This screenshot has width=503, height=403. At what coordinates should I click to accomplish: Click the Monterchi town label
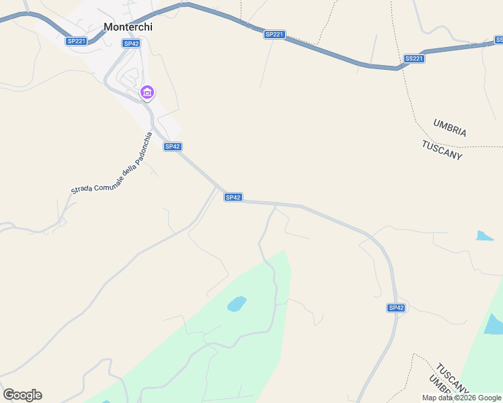pyautogui.click(x=128, y=28)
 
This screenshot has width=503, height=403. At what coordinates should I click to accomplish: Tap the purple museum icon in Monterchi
pyautogui.click(x=147, y=92)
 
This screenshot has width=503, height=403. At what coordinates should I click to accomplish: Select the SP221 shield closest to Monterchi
pyautogui.click(x=76, y=41)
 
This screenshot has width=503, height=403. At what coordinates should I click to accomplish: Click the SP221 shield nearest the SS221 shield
pyautogui.click(x=274, y=34)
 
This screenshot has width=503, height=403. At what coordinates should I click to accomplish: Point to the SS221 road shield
pyautogui.click(x=414, y=58)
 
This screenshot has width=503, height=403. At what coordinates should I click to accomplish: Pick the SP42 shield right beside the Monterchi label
pyautogui.click(x=131, y=43)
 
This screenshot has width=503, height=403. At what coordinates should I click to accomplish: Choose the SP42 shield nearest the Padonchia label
pyautogui.click(x=173, y=146)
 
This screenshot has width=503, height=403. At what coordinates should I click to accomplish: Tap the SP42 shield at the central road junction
pyautogui.click(x=233, y=197)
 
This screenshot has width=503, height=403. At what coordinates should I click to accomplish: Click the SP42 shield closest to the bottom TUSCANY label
pyautogui.click(x=396, y=308)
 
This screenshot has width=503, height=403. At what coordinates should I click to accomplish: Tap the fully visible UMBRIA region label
pyautogui.click(x=450, y=128)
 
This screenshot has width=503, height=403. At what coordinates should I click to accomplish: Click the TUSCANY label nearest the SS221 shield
pyautogui.click(x=442, y=150)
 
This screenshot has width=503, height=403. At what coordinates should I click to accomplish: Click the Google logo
pyautogui.click(x=22, y=395)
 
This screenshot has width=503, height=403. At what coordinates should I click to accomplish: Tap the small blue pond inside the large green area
pyautogui.click(x=236, y=304)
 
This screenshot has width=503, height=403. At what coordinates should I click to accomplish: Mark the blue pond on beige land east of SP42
pyautogui.click(x=484, y=236)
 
